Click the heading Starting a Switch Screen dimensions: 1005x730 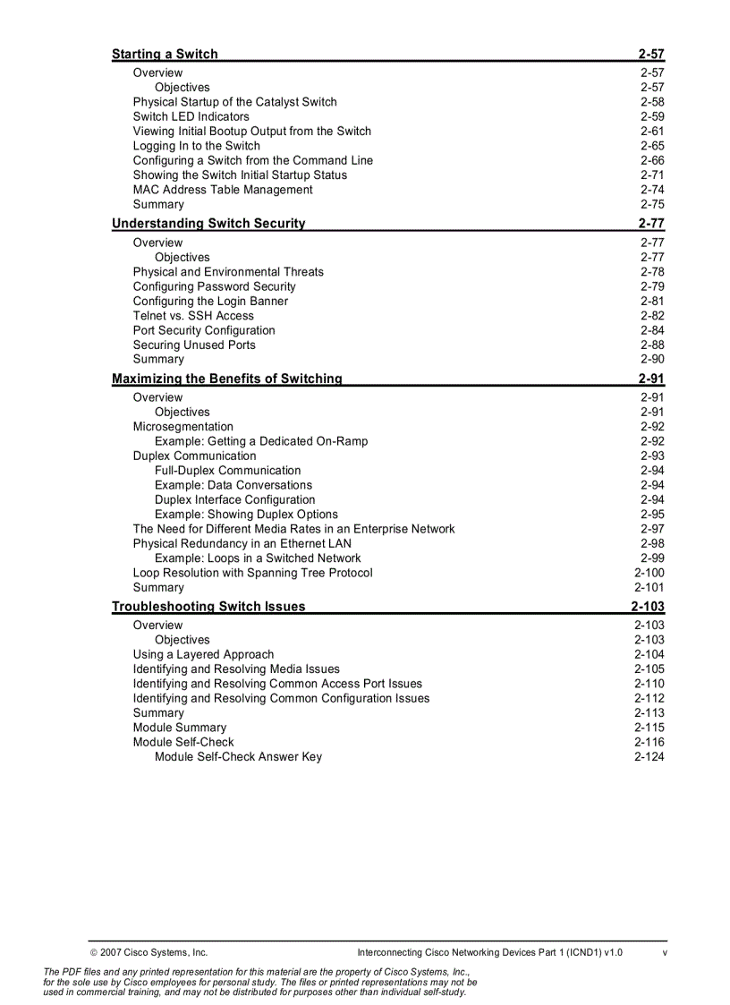point(165,54)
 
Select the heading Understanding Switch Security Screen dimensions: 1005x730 point(208,224)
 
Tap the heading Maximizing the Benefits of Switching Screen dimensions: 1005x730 point(226,379)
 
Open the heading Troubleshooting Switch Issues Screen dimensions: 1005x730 point(208,607)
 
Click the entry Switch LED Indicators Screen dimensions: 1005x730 point(191,117)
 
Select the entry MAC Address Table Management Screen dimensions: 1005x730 point(223,190)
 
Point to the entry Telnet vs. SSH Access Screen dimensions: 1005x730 point(193,316)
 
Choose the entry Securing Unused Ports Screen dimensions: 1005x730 point(194,345)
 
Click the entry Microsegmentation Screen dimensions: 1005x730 point(183,427)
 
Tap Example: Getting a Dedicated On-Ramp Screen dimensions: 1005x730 point(261,441)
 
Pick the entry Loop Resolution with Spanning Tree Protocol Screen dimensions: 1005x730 point(253,573)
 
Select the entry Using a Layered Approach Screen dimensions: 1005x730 point(204,654)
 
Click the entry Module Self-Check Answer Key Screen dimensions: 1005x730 point(238,757)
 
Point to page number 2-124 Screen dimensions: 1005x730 point(649,757)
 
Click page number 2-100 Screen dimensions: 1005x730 point(649,573)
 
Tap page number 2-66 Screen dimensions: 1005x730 point(652,161)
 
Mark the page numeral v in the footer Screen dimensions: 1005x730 point(665,952)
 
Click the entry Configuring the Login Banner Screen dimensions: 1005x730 point(210,302)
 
